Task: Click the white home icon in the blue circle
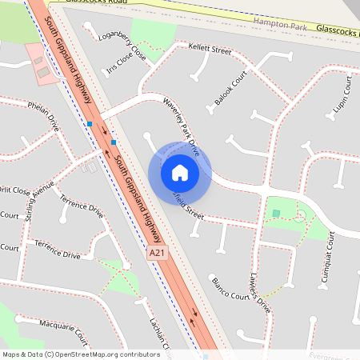pyautogui.click(x=180, y=172)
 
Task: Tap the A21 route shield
pyautogui.click(x=158, y=254)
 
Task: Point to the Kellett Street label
pyautogui.click(x=210, y=50)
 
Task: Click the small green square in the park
pyautogui.click(x=276, y=213)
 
